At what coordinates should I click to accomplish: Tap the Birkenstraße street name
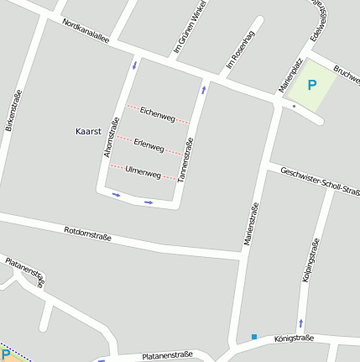pyautogui.click(x=14, y=114)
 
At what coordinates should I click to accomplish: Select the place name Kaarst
pyautogui.click(x=88, y=132)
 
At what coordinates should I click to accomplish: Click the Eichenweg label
pyautogui.click(x=157, y=113)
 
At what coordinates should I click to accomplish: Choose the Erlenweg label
pyautogui.click(x=149, y=144)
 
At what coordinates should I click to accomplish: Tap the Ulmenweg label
pyautogui.click(x=142, y=172)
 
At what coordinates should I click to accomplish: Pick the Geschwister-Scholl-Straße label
pyautogui.click(x=320, y=181)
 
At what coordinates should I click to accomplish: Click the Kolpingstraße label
pyautogui.click(x=310, y=260)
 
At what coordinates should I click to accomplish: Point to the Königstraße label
pyautogui.click(x=294, y=338)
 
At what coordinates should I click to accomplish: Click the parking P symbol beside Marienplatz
pyautogui.click(x=312, y=85)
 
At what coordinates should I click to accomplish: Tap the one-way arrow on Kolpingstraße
pyautogui.click(x=300, y=323)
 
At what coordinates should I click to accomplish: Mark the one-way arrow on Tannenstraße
pyautogui.click(x=203, y=89)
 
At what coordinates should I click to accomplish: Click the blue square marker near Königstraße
pyautogui.click(x=253, y=337)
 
